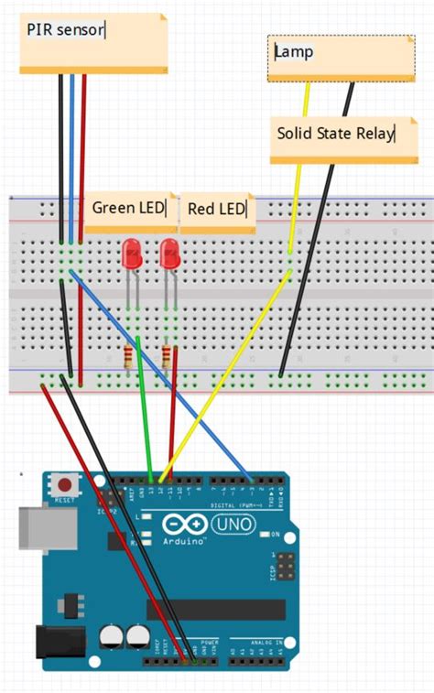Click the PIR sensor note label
click(x=66, y=30)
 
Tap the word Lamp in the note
click(x=294, y=52)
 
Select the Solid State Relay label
click(x=335, y=134)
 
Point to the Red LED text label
click(x=217, y=209)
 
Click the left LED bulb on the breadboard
click(x=131, y=254)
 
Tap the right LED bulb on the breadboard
click(x=169, y=254)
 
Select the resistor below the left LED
click(x=126, y=357)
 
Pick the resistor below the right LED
click(x=166, y=357)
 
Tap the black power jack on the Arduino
click(x=53, y=642)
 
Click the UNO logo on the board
click(x=233, y=525)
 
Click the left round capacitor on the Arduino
click(x=114, y=634)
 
